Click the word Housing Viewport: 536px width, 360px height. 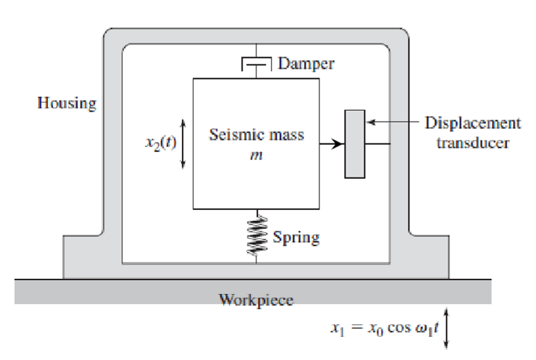click(66, 103)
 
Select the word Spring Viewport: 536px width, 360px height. click(296, 237)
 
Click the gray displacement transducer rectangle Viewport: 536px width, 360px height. click(354, 143)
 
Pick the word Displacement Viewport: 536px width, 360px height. click(472, 123)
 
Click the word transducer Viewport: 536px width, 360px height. click(472, 142)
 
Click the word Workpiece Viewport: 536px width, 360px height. click(256, 300)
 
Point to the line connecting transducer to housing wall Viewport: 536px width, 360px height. click(377, 144)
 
